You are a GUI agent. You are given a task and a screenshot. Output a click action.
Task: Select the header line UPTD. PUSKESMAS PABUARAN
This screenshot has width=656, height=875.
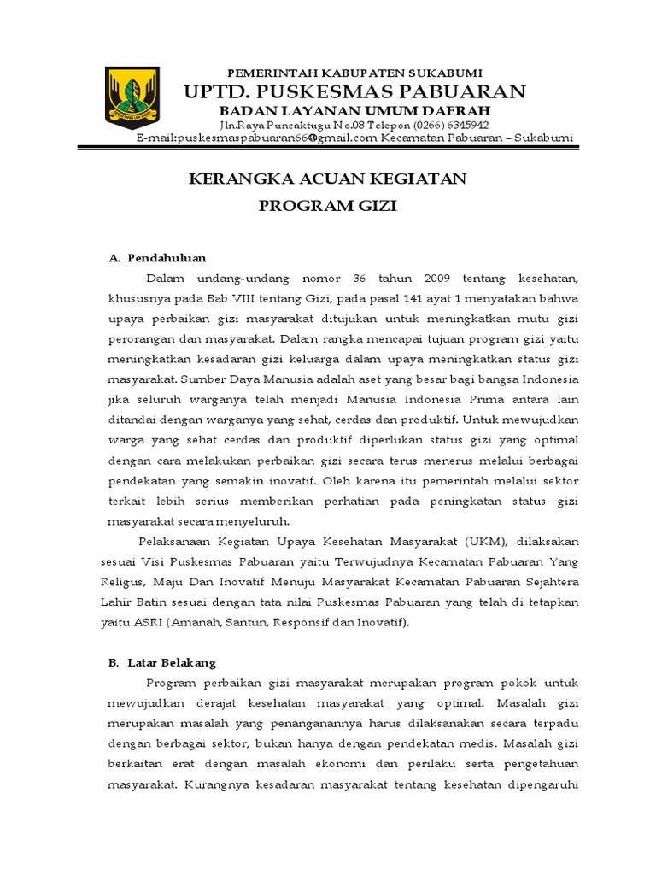(x=355, y=91)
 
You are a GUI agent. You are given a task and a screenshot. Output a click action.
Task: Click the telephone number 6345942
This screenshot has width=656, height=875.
(x=463, y=125)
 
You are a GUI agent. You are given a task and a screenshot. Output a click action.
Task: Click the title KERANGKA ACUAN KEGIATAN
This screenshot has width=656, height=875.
(x=328, y=179)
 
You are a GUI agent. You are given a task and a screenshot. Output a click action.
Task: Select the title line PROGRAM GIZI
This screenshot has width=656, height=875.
(x=328, y=208)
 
